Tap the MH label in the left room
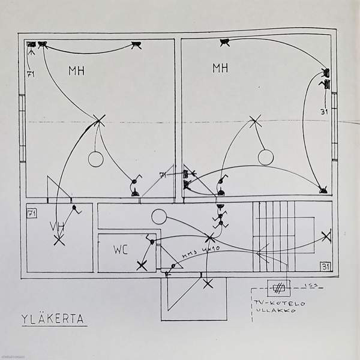(76, 71)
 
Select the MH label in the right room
(220, 67)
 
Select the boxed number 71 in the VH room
(33, 212)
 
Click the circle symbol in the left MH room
(95, 159)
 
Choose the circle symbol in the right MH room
(266, 157)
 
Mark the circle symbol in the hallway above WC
(158, 216)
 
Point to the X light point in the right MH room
(256, 121)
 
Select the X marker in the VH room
(59, 241)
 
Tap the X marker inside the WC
(142, 264)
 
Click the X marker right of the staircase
(326, 236)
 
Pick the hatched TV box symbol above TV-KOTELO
(278, 287)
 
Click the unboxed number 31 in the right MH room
(323, 110)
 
